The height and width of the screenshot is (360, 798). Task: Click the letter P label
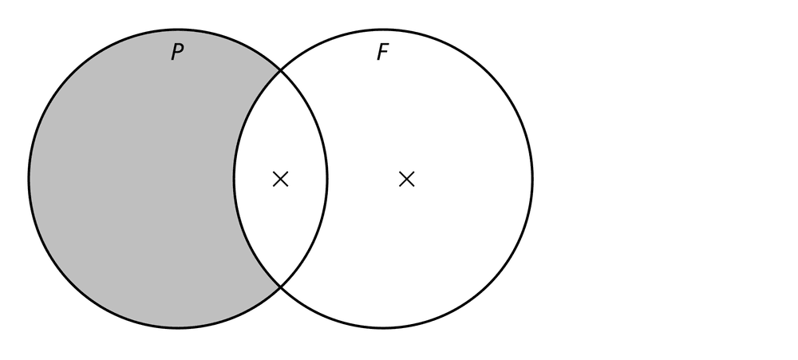(x=177, y=52)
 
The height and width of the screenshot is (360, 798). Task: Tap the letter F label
(x=383, y=52)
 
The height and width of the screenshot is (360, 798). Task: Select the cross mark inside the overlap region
(x=280, y=179)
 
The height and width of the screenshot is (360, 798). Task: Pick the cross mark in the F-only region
(x=407, y=179)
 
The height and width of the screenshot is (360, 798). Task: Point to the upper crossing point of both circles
(x=280, y=69)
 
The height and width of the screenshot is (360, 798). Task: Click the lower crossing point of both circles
(x=280, y=287)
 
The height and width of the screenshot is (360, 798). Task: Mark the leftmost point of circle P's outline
(x=29, y=178)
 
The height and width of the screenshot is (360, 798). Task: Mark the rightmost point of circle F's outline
(x=533, y=178)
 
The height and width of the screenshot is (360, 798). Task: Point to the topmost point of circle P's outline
(x=178, y=30)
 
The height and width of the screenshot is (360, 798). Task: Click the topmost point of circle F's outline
(x=383, y=30)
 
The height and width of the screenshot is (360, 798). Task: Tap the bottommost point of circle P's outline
(x=178, y=327)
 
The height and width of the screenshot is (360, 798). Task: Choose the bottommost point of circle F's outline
(x=383, y=327)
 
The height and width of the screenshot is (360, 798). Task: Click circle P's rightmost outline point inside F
(x=326, y=178)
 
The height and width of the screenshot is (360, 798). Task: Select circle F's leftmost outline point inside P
(x=235, y=178)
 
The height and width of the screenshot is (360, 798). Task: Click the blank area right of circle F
(x=662, y=178)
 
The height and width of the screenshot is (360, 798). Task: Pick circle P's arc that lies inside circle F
(x=326, y=178)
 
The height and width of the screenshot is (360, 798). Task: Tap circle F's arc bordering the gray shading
(x=235, y=178)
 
